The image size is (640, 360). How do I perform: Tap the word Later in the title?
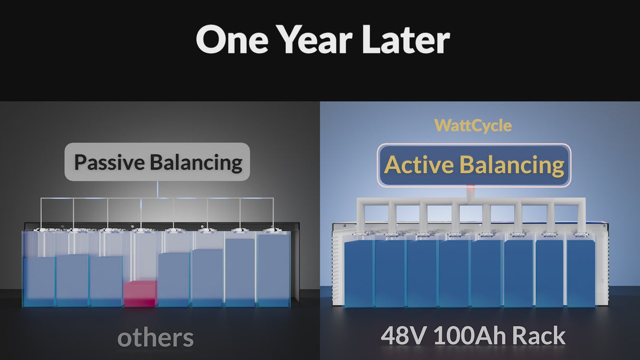pyautogui.click(x=404, y=41)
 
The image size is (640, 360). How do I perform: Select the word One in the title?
pyautogui.click(x=231, y=41)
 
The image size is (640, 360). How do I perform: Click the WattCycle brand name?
pyautogui.click(x=473, y=125)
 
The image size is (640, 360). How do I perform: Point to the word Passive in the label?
pyautogui.click(x=109, y=162)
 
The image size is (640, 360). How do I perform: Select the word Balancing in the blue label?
pyautogui.click(x=512, y=165)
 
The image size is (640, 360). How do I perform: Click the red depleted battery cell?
pyautogui.click(x=140, y=294)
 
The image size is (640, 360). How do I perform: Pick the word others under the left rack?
pyautogui.click(x=156, y=337)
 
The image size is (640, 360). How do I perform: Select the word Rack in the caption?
pyautogui.click(x=541, y=336)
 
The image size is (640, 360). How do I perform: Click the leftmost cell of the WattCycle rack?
pyautogui.click(x=358, y=273)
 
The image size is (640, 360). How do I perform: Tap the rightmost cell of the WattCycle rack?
pyautogui.click(x=581, y=273)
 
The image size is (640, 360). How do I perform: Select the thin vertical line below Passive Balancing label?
pyautogui.click(x=157, y=189)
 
